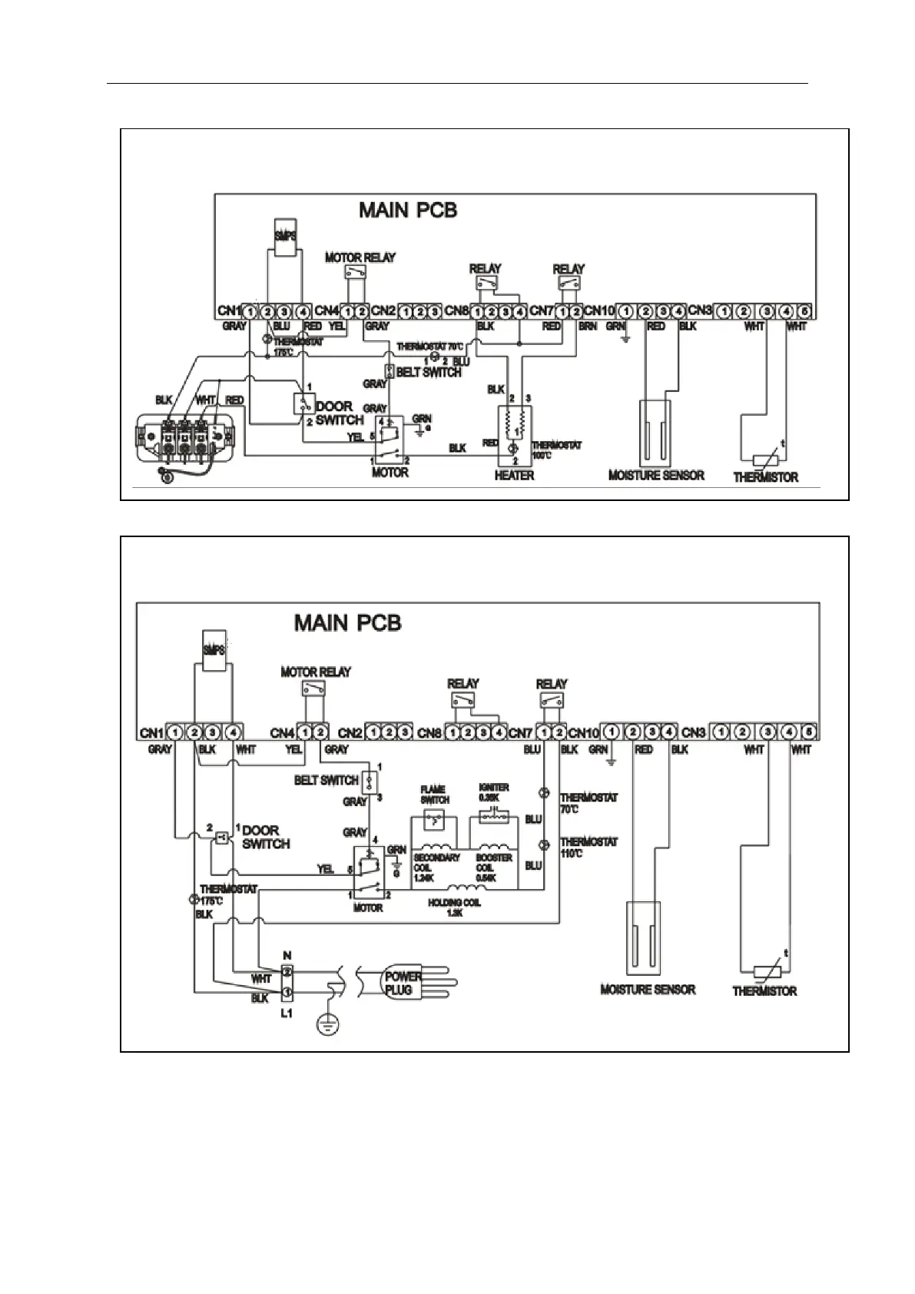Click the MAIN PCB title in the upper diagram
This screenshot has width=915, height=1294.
(408, 211)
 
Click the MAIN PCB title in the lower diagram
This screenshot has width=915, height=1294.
(347, 622)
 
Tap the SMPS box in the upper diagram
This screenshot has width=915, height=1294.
(284, 233)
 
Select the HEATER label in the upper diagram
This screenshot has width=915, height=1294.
(514, 476)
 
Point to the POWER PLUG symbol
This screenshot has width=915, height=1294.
(403, 983)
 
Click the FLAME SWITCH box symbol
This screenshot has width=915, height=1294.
(434, 821)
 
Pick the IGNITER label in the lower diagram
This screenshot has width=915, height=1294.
(493, 792)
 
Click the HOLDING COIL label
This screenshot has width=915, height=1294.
(455, 907)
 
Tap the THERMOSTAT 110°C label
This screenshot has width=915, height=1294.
(588, 848)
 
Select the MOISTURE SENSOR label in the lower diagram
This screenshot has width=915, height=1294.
(648, 990)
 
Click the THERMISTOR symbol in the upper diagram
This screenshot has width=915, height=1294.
(765, 460)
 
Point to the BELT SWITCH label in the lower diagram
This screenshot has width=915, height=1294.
(327, 781)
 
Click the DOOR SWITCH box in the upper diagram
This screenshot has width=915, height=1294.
(303, 403)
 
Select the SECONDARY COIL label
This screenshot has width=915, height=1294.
(436, 868)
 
